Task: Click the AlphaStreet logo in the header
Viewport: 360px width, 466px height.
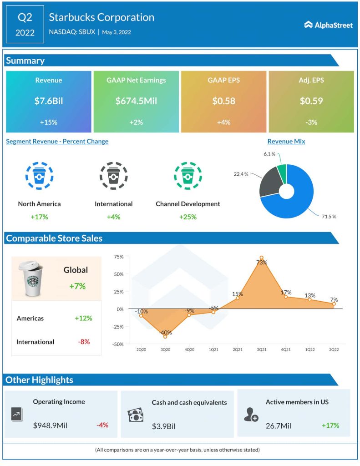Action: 328,25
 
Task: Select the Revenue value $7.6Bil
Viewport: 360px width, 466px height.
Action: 48,101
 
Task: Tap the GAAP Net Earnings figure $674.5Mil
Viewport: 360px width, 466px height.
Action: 136,101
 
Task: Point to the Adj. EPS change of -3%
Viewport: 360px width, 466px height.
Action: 311,122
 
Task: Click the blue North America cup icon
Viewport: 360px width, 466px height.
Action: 39,175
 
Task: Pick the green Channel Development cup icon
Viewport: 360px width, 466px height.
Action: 188,175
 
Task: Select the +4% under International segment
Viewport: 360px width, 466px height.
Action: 113,217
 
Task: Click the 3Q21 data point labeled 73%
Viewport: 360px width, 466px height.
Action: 261,258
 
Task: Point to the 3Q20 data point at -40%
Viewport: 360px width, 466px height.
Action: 165,336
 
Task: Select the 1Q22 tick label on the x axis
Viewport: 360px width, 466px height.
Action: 310,349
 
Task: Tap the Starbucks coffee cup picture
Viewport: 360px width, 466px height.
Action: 30,279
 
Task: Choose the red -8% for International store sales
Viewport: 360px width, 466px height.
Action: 84,342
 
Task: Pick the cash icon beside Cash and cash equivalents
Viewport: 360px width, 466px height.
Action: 136,415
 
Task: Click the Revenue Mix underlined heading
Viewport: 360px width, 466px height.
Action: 286,142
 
